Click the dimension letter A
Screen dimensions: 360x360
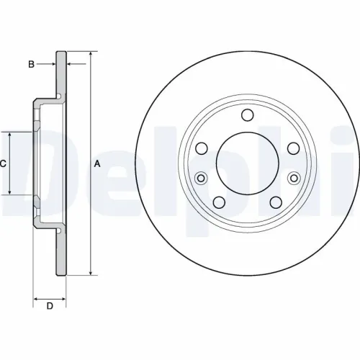pyautogui.click(x=98, y=164)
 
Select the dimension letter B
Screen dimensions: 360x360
pyautogui.click(x=30, y=65)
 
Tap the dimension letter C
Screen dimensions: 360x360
pyautogui.click(x=3, y=164)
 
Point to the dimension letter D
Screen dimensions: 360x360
pyautogui.click(x=50, y=307)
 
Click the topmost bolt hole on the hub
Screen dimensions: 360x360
pyautogui.click(x=247, y=115)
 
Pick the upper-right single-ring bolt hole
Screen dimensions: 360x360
pyautogui.click(x=293, y=148)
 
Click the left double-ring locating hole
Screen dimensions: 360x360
pyautogui.click(x=202, y=178)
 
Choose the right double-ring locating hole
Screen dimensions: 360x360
pyautogui.click(x=293, y=178)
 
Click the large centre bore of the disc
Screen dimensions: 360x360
pyautogui.click(x=247, y=163)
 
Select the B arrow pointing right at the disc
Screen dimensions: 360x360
pyautogui.click(x=52, y=65)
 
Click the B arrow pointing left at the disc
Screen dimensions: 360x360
pyautogui.click(x=70, y=65)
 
